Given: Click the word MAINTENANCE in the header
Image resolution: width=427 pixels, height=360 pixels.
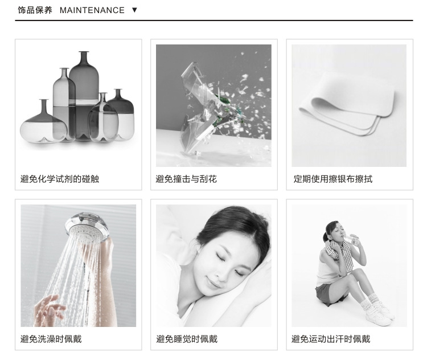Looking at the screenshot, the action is pyautogui.click(x=92, y=10).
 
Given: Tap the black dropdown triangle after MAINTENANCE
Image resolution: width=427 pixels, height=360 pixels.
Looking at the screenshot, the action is pyautogui.click(x=134, y=10).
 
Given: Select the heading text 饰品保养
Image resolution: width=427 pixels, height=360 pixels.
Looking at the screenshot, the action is pyautogui.click(x=35, y=10).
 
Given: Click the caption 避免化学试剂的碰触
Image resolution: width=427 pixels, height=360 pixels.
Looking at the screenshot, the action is pyautogui.click(x=60, y=179).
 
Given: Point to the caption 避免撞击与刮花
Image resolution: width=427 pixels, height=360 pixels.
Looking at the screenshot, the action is pyautogui.click(x=186, y=179).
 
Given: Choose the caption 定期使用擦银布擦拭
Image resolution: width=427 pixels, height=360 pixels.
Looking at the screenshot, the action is pyautogui.click(x=333, y=179).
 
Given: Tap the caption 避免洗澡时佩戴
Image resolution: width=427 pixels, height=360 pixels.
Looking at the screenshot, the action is pyautogui.click(x=51, y=339).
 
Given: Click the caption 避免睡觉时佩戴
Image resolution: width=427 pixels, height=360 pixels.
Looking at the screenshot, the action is pyautogui.click(x=187, y=339).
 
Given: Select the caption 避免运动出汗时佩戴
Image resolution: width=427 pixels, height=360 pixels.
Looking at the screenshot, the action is pyautogui.click(x=331, y=339).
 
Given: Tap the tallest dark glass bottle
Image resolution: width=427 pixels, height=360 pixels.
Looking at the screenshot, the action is pyautogui.click(x=84, y=95).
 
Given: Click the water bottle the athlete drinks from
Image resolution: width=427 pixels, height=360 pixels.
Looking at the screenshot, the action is pyautogui.click(x=351, y=239).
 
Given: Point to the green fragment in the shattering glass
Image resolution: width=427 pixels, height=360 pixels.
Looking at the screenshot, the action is pyautogui.click(x=223, y=100).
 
